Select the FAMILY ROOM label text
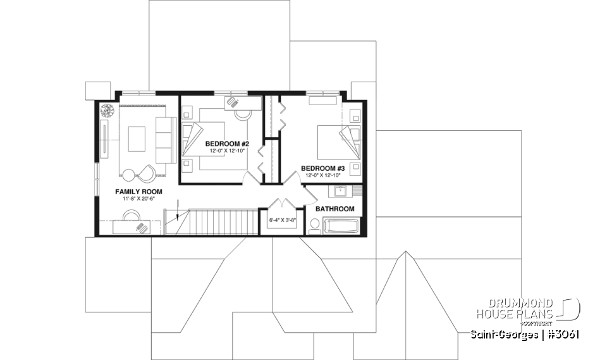coord(138,191)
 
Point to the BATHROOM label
coord(334,209)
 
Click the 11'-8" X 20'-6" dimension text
coord(138,199)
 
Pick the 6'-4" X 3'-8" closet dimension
coord(282,220)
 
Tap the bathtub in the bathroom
coord(341,226)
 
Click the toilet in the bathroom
coord(314,226)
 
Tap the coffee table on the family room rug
coord(137,139)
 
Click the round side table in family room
coord(129,175)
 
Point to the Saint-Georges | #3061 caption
coord(525,334)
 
